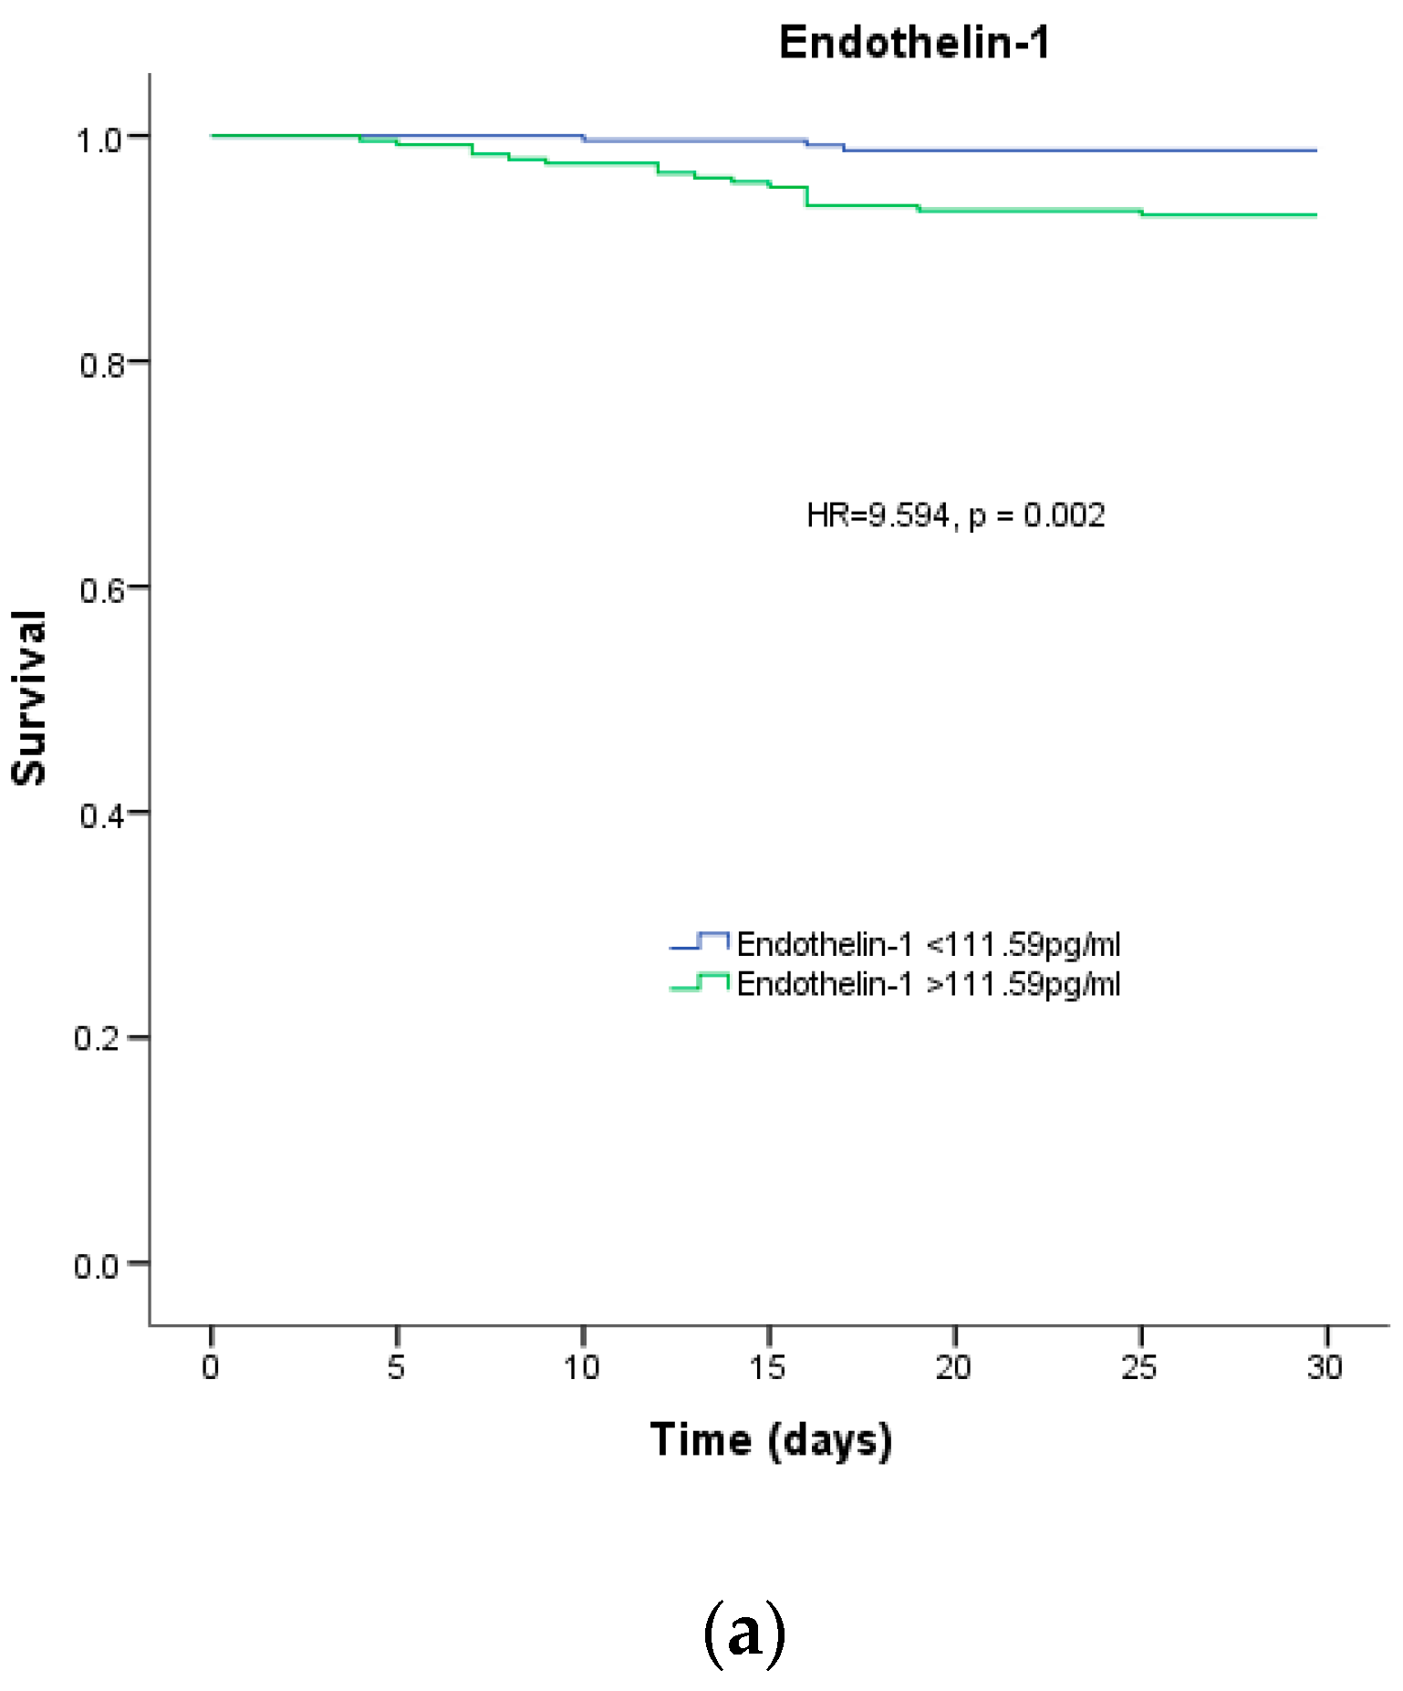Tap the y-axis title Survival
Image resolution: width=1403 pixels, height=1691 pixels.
[29, 698]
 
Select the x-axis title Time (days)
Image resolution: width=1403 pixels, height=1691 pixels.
[771, 1441]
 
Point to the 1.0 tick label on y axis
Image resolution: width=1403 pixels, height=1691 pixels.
[98, 140]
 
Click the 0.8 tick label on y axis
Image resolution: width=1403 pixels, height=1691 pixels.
[100, 366]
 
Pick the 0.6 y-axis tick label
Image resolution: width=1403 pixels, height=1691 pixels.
[100, 591]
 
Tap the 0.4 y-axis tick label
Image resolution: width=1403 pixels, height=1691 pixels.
[100, 815]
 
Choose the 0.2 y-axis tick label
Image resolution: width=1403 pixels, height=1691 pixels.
[98, 1039]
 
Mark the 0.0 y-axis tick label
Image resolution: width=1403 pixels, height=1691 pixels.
[97, 1267]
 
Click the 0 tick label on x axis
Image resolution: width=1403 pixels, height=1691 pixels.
[211, 1367]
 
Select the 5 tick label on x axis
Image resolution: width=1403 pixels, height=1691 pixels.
[396, 1367]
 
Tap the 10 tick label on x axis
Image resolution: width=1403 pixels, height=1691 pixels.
[582, 1367]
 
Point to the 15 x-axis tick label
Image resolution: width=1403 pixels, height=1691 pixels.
[768, 1367]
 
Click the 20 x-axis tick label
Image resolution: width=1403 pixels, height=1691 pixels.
[953, 1367]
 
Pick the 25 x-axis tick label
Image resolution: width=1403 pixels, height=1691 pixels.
[1139, 1367]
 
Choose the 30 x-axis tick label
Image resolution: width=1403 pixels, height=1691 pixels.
[1325, 1367]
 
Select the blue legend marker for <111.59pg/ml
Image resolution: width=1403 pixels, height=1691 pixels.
[700, 942]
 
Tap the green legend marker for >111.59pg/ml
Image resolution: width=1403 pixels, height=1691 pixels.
[700, 983]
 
